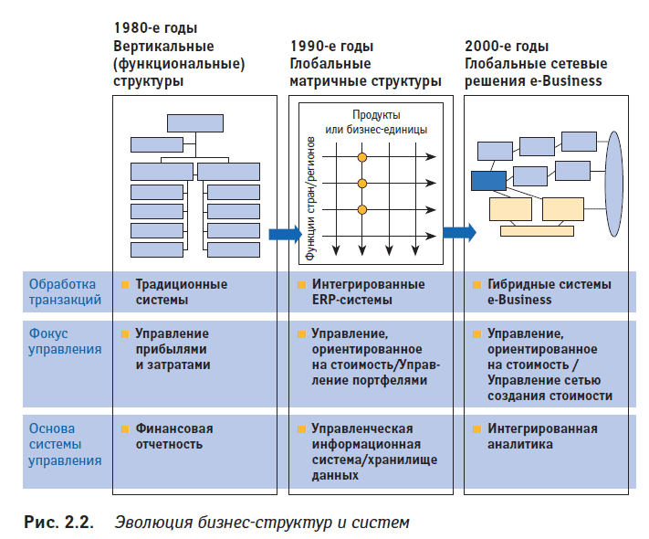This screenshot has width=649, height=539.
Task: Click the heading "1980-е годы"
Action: (x=154, y=29)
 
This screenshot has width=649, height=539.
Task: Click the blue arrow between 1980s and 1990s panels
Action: (x=285, y=234)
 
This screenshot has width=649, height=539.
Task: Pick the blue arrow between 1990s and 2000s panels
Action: (x=459, y=233)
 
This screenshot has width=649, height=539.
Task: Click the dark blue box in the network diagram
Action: (x=488, y=180)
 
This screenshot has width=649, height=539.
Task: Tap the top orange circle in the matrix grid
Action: (x=361, y=157)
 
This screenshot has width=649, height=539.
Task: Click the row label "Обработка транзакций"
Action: (x=65, y=291)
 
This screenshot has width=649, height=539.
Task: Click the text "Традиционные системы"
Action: (x=181, y=291)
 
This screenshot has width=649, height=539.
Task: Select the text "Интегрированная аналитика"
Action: (x=542, y=436)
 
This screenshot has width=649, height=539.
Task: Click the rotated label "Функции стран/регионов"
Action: (x=313, y=197)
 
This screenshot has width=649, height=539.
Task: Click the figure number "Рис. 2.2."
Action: (x=58, y=522)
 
